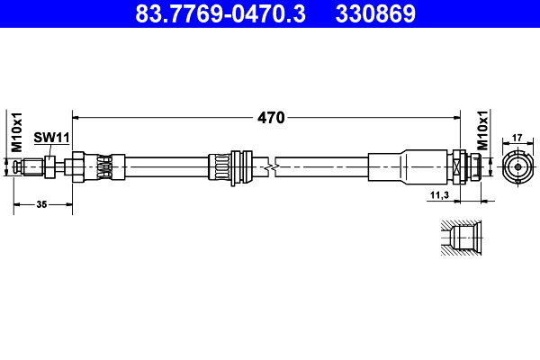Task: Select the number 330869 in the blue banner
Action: [375, 13]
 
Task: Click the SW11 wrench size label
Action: [52, 137]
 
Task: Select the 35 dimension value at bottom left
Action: [41, 205]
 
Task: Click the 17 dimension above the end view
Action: [517, 138]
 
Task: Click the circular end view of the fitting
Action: [517, 167]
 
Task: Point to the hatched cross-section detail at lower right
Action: [463, 238]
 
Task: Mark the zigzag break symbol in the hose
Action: [270, 167]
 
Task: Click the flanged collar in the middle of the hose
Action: [237, 167]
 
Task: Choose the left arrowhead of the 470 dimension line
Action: [76, 117]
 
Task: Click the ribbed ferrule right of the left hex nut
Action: [104, 167]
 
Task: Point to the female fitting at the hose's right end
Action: [470, 167]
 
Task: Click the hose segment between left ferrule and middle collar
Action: [162, 167]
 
